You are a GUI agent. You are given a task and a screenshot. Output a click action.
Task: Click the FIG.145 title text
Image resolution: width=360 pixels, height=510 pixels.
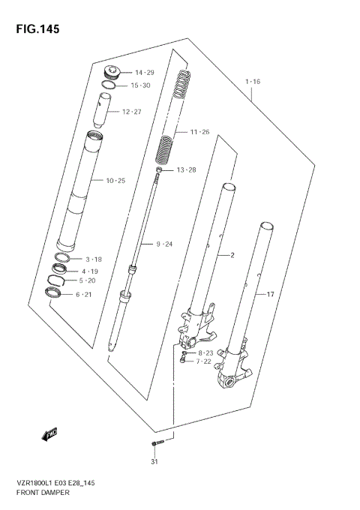(33, 29)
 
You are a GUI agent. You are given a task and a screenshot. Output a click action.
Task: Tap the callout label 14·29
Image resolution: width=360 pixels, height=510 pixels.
(144, 72)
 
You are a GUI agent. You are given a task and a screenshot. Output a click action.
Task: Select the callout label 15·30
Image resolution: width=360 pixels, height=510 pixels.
(142, 85)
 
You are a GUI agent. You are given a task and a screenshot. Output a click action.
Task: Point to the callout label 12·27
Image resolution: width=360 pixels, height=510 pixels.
(132, 112)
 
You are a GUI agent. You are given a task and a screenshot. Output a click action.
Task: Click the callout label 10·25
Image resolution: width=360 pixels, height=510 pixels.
(116, 181)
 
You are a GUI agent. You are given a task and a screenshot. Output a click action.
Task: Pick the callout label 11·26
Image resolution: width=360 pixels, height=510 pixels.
(201, 132)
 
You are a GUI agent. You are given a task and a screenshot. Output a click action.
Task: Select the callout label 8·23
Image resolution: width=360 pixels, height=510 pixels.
(206, 352)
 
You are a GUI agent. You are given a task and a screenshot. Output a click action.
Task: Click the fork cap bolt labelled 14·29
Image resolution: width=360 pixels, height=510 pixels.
(111, 73)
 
